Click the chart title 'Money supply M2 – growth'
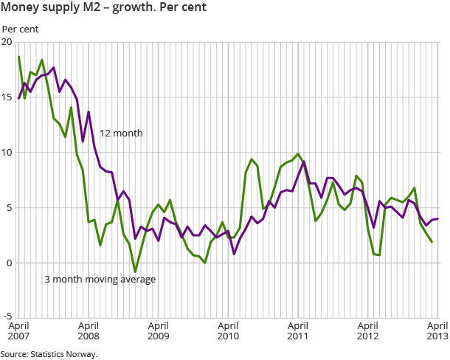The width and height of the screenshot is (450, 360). tap(104, 9)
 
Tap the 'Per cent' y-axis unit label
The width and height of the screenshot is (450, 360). tap(20, 29)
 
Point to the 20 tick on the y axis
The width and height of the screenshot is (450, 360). tap(7, 42)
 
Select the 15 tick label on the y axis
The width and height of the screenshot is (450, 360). tap(7, 97)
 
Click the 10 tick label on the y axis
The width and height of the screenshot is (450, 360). tap(7, 153)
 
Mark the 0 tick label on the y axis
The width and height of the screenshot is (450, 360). tap(8, 263)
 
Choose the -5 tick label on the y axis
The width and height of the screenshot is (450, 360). tap(7, 319)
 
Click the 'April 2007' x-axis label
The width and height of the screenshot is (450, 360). tap(18, 330)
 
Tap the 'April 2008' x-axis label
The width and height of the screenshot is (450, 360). tap(88, 330)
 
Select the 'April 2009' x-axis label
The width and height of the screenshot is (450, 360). tap(158, 330)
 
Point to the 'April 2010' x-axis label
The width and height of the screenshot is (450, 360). tap(228, 330)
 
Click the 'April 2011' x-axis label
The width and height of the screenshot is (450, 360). tap(298, 330)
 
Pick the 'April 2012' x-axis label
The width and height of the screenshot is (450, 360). tap(368, 330)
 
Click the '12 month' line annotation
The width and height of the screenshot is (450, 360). tap(121, 134)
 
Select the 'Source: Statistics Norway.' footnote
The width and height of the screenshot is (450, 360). tap(49, 354)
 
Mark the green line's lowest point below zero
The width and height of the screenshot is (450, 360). tap(135, 271)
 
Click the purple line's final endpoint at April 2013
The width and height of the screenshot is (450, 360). tap(438, 218)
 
